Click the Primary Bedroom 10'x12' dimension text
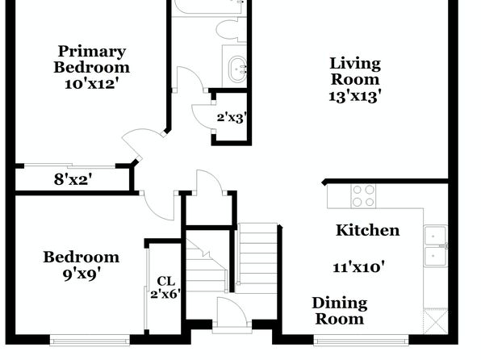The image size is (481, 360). pyautogui.click(x=91, y=84)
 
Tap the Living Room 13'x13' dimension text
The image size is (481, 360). pyautogui.click(x=355, y=96)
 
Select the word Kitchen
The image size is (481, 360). pyautogui.click(x=368, y=230)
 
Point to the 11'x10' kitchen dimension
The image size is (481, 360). pyautogui.click(x=358, y=267)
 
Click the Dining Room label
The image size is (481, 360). pyautogui.click(x=340, y=311)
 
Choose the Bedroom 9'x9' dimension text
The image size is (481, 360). pyautogui.click(x=82, y=274)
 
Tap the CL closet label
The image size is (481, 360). pyautogui.click(x=165, y=281)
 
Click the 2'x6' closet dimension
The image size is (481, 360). pyautogui.click(x=165, y=294)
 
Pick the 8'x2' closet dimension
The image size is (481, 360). pyautogui.click(x=73, y=179)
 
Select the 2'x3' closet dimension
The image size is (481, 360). pyautogui.click(x=232, y=118)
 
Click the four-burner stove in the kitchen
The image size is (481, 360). pyautogui.click(x=363, y=196)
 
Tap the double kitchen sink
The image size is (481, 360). pyautogui.click(x=436, y=246)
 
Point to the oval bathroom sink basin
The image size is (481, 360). pyautogui.click(x=238, y=69)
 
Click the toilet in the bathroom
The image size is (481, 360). pyautogui.click(x=231, y=30)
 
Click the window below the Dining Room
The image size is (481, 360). pyautogui.click(x=361, y=341)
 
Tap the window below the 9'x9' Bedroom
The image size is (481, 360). pyautogui.click(x=90, y=341)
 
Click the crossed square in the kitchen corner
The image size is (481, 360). pyautogui.click(x=436, y=321)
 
